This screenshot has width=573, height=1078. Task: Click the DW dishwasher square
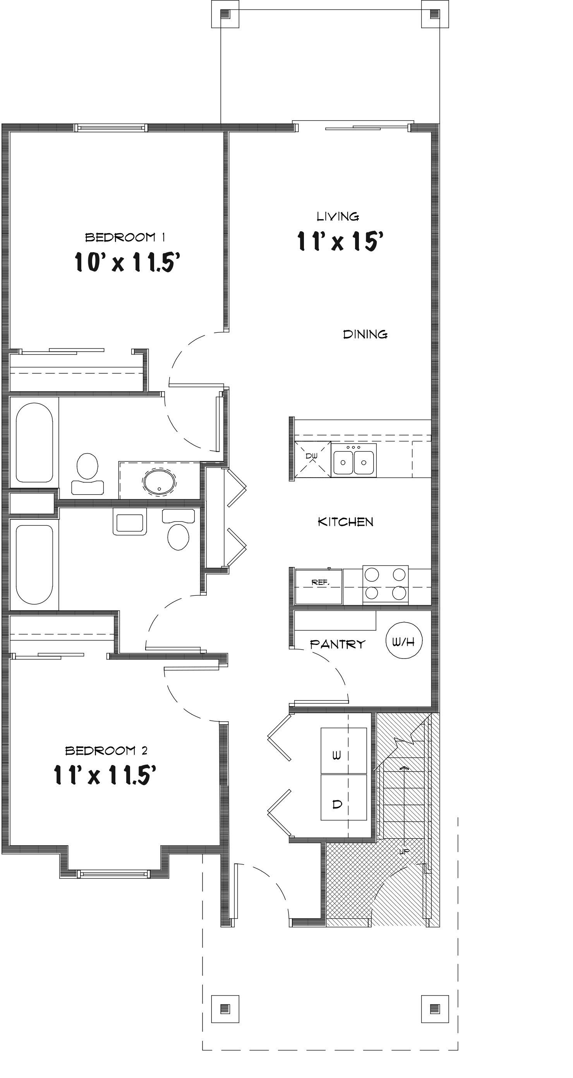tap(312, 459)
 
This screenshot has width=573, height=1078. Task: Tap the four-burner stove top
tap(385, 585)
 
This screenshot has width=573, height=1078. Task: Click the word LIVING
tap(338, 217)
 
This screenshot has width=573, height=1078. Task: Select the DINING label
tap(365, 334)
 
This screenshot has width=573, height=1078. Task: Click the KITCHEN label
tap(345, 522)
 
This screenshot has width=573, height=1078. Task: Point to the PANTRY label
tap(338, 644)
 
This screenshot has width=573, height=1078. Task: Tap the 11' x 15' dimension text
tap(340, 241)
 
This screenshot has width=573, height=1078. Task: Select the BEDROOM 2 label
tap(106, 751)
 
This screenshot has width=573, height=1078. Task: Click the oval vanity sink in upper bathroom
tap(159, 481)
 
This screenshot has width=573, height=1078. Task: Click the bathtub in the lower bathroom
tap(34, 564)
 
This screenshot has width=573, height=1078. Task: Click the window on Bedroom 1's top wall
tap(111, 128)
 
